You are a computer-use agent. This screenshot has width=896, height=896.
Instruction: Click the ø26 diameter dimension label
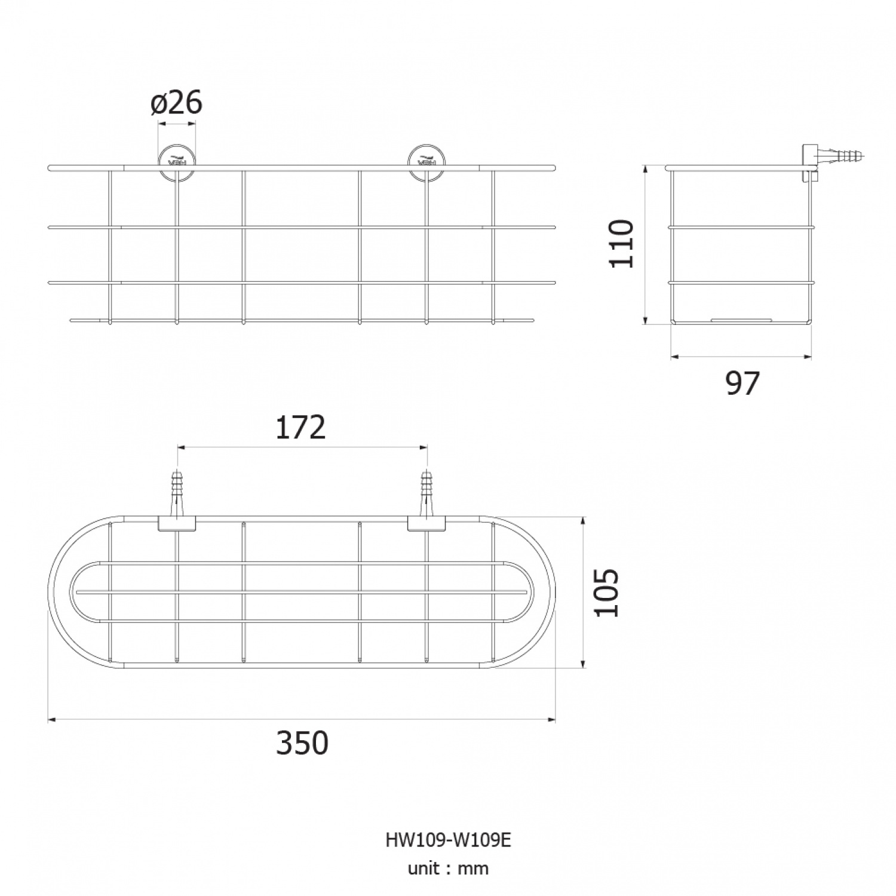coord(177,103)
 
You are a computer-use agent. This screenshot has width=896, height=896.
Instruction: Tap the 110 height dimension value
coord(621,244)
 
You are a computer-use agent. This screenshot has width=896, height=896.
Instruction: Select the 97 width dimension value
coord(742,383)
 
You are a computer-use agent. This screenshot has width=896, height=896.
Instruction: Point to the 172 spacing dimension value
coord(300,427)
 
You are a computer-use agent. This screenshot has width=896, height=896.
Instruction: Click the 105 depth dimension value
coord(607,593)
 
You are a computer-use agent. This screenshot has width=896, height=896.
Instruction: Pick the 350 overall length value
coord(302,743)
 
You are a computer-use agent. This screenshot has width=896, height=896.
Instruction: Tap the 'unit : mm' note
coord(448,868)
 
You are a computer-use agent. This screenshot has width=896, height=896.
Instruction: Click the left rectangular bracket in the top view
coord(177,524)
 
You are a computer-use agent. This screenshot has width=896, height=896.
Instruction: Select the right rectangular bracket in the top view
coord(426,524)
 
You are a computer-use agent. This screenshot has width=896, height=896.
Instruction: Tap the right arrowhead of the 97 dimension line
coord(808,357)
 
